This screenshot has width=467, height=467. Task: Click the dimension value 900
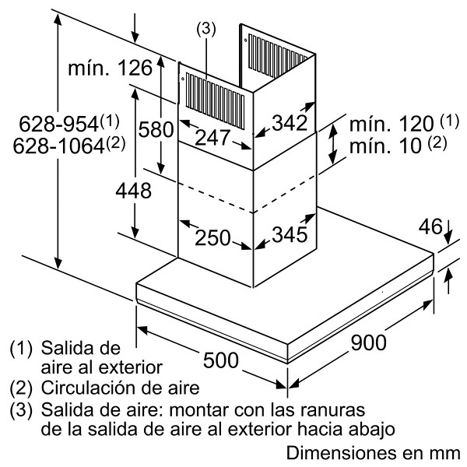[368, 342]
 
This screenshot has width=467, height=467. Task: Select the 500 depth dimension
[221, 360]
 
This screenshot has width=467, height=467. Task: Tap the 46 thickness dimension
[430, 226]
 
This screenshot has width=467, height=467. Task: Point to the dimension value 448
[133, 191]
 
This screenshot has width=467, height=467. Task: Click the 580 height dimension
[156, 129]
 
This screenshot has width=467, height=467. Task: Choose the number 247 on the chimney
[212, 138]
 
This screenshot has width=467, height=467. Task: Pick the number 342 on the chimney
[290, 123]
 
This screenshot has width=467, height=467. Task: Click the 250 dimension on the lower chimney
[212, 237]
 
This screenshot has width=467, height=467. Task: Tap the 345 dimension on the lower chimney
[290, 234]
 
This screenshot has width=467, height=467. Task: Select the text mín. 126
[111, 68]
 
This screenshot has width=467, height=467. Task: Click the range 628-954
[58, 124]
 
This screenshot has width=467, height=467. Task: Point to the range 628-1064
[58, 146]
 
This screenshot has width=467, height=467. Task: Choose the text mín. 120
[392, 124]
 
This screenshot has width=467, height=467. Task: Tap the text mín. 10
[385, 146]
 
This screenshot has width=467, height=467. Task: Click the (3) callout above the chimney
[206, 30]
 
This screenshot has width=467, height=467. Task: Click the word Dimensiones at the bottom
[342, 453]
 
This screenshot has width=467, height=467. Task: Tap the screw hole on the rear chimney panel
[245, 40]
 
